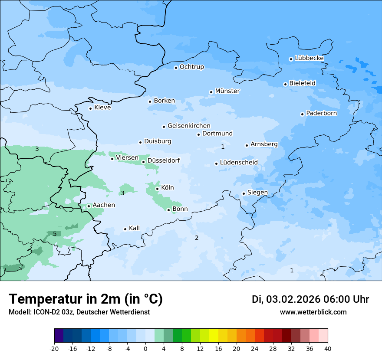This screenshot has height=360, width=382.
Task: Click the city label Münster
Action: pos(227,91)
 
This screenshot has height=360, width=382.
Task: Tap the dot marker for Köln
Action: pos(157,189)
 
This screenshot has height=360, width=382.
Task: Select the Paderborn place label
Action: pos(321,113)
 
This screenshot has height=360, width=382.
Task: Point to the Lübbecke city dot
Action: pos(291,59)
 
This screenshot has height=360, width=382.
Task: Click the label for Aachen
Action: pos(104,205)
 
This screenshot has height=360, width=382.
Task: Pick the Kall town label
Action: pos(134,228)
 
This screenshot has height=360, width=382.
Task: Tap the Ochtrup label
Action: pos(191,67)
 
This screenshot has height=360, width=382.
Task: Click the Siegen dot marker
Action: pos(244,193)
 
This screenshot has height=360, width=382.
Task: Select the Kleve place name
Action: pos(102,108)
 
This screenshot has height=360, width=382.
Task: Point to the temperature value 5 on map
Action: pos(55,234)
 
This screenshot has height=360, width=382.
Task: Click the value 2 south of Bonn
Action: pos(197,238)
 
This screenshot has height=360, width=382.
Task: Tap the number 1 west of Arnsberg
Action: pos(223,147)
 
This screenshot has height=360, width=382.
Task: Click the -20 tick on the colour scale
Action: pos(54,348)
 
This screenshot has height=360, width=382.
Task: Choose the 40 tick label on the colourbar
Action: pos(328,348)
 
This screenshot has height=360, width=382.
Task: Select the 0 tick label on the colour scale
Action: pos(145,348)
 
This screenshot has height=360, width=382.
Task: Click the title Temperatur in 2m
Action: pos(86,299)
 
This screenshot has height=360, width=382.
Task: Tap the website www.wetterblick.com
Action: pos(313,312)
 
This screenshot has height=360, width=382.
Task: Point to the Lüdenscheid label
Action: pos(239,163)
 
